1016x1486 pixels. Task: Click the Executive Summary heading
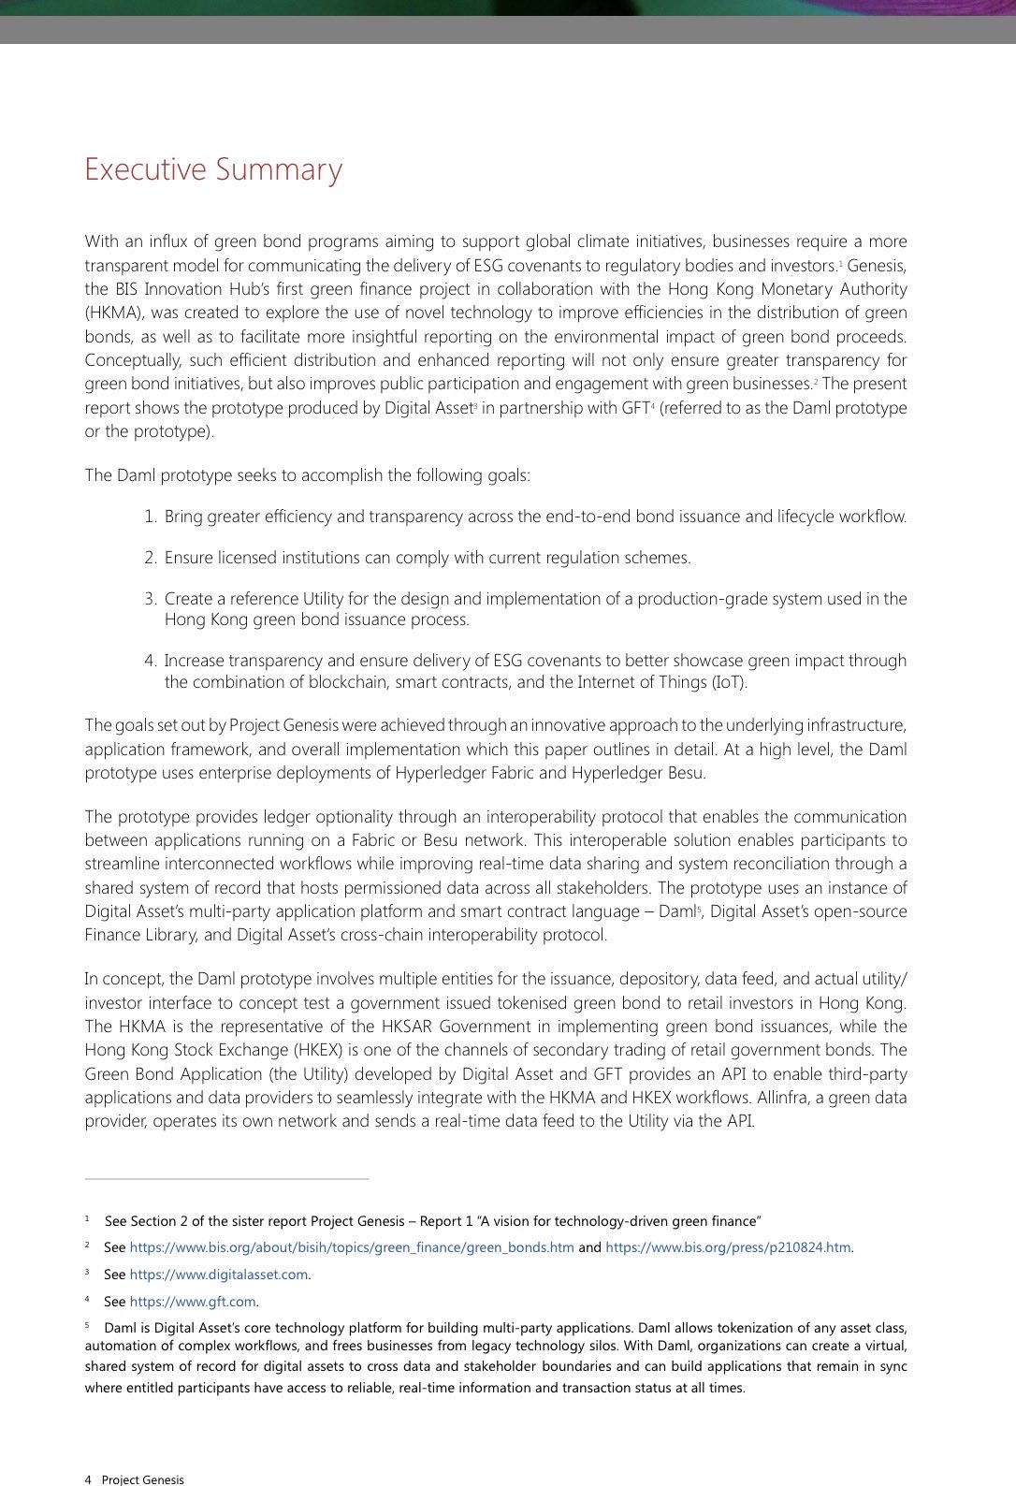pos(213,169)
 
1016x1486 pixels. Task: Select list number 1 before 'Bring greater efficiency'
pos(150,517)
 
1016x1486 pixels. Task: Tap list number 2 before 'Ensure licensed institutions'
pos(150,558)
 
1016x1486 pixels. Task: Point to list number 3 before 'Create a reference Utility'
pos(150,599)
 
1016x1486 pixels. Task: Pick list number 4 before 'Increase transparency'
pos(150,661)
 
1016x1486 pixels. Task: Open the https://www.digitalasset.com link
pos(219,1275)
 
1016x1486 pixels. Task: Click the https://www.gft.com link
pos(193,1302)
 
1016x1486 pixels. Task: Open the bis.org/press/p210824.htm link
pos(728,1247)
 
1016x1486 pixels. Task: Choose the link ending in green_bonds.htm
pos(352,1247)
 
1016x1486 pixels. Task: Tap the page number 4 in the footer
pos(88,1479)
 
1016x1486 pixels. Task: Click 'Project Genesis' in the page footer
pos(143,1479)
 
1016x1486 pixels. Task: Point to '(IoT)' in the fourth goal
pos(729,682)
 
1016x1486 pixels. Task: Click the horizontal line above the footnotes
pos(226,1179)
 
